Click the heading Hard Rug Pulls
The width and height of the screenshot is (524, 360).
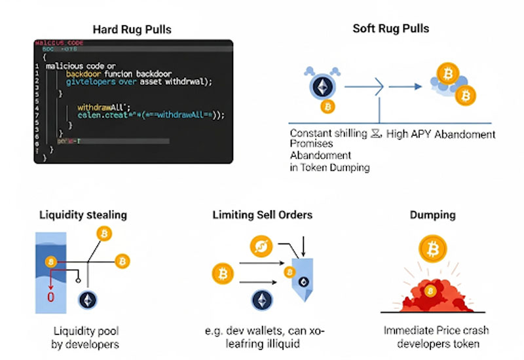coord(132,29)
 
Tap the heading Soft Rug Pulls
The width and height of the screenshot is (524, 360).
coord(391,28)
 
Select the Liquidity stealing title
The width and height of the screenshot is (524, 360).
coord(83,214)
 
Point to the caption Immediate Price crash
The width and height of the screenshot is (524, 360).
coord(430,330)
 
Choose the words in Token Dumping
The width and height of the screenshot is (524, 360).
coord(329,167)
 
